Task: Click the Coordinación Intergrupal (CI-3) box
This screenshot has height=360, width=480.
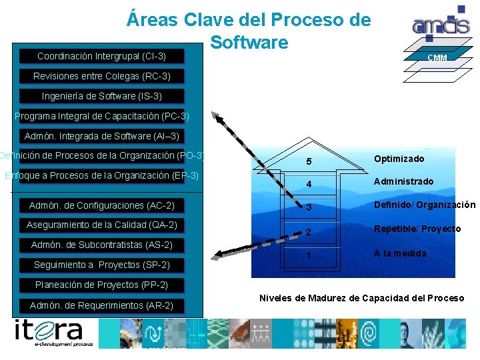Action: (x=101, y=56)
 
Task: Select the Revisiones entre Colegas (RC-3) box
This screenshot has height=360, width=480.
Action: (x=101, y=76)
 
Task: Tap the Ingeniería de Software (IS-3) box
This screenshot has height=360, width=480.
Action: (x=101, y=96)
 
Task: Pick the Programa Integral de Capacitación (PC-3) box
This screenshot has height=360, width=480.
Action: (x=101, y=116)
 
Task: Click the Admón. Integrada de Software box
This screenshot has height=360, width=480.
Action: (x=101, y=136)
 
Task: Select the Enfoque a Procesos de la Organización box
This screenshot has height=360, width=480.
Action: (x=101, y=175)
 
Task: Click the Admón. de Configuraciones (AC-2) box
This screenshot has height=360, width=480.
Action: (x=101, y=205)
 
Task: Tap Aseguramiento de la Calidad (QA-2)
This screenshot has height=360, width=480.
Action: (x=101, y=225)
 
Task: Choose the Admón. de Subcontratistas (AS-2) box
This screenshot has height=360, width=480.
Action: (x=101, y=245)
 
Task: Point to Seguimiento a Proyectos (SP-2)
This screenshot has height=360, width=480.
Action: (x=101, y=265)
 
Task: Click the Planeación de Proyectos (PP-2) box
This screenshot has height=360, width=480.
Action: (x=101, y=285)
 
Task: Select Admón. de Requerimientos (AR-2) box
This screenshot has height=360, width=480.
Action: (x=101, y=305)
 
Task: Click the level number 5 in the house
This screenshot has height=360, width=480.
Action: (x=308, y=162)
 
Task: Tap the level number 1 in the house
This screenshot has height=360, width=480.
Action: (x=308, y=256)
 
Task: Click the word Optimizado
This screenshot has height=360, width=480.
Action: (x=399, y=159)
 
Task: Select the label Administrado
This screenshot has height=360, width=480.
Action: (x=403, y=181)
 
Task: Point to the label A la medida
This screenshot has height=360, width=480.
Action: (x=400, y=253)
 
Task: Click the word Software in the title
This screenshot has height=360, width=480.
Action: (x=249, y=42)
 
